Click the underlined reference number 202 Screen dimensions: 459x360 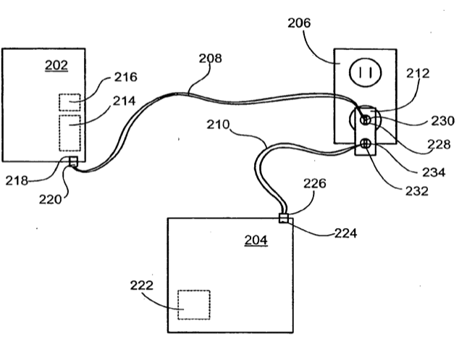click(56, 65)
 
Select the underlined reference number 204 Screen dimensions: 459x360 click(256, 240)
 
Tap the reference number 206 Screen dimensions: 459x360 click(299, 23)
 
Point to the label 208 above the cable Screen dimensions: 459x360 click(210, 58)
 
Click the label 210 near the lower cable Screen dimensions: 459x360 click(218, 125)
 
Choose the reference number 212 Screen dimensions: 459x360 click(418, 73)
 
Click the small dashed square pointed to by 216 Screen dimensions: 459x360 click(70, 102)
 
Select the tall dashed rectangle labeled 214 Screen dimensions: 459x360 click(70, 133)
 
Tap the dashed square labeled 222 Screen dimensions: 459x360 click(194, 305)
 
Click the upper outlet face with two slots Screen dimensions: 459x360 click(365, 72)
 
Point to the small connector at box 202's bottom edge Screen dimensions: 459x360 click(73, 162)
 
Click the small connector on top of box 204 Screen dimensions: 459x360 click(283, 218)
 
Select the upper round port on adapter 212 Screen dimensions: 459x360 click(366, 120)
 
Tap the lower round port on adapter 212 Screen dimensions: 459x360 click(366, 143)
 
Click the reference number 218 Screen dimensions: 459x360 click(17, 181)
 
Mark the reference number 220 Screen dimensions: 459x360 click(51, 200)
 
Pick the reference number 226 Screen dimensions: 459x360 click(314, 184)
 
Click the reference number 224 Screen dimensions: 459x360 click(345, 233)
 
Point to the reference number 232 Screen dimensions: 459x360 click(416, 191)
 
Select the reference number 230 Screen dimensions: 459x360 click(442, 121)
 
